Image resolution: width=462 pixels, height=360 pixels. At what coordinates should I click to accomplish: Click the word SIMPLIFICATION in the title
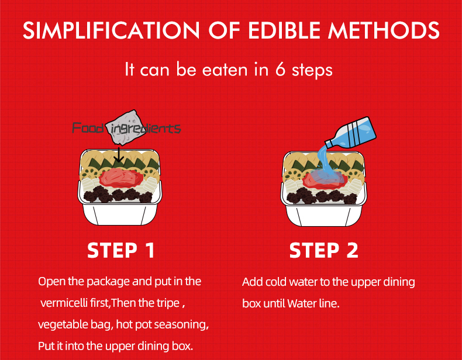(111, 30)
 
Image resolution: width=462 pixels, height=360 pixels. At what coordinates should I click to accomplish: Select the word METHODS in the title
(384, 30)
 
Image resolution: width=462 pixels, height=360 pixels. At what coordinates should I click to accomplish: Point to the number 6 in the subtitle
(280, 70)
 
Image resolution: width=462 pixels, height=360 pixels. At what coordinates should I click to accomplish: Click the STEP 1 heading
(121, 251)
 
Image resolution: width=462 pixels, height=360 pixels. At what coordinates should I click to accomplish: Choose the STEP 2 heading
(323, 251)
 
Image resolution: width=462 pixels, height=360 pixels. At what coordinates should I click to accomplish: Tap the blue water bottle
(351, 133)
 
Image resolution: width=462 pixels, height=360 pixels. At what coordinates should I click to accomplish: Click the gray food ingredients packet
(126, 127)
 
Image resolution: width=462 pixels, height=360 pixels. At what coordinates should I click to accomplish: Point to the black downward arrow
(119, 154)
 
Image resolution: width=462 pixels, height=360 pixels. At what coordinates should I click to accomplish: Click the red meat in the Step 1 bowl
(122, 178)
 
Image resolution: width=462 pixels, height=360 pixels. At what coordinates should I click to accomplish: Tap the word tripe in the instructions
(169, 303)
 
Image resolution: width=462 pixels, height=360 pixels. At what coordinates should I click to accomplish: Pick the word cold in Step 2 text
(276, 282)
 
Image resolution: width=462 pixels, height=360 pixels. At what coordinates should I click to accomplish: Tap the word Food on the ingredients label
(88, 129)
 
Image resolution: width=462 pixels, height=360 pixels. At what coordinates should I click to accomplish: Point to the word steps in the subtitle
(312, 70)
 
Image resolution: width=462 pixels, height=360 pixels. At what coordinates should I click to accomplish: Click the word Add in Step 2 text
(253, 282)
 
